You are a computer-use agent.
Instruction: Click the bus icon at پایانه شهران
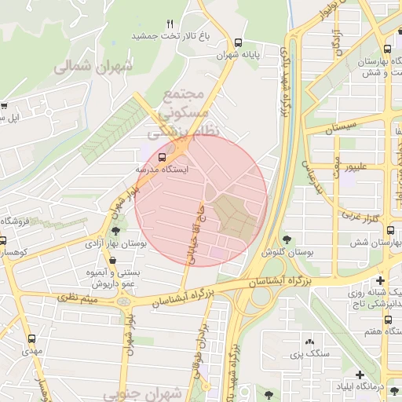pyautogui.click(x=238, y=43)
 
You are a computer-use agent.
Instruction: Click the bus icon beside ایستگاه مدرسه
pyautogui.click(x=163, y=156)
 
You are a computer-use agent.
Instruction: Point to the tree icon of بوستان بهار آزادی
pyautogui.click(x=116, y=231)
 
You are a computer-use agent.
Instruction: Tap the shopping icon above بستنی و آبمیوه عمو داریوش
pyautogui.click(x=97, y=260)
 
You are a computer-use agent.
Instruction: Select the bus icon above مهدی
pyautogui.click(x=31, y=339)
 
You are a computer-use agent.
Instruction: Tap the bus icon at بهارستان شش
pyautogui.click(x=390, y=231)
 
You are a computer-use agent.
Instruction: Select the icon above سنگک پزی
pyautogui.click(x=309, y=342)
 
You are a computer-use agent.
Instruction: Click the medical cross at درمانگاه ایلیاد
pyautogui.click(x=360, y=375)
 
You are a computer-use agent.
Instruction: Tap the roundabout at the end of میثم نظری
pyautogui.click(x=123, y=301)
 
